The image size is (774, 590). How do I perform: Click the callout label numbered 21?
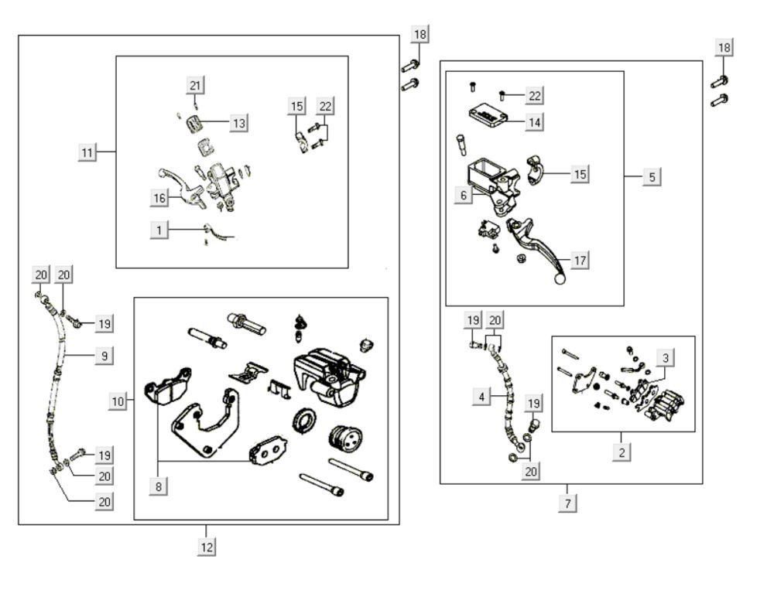point(194,85)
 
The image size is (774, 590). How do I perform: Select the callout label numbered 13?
point(239,122)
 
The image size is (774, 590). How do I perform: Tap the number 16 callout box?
point(159,198)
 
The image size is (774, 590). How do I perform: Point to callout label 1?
point(159,230)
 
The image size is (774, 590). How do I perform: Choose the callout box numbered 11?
point(87,152)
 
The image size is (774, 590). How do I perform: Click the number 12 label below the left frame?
point(206,546)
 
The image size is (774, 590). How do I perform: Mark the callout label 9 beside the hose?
point(104,356)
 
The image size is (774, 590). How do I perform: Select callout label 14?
point(533,121)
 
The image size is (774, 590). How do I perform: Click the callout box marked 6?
point(464,196)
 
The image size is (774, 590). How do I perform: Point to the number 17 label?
point(578,261)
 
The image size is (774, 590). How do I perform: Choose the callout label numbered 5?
point(652,177)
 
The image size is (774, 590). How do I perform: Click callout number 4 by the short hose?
point(482,397)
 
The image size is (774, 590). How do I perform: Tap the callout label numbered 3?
point(665,357)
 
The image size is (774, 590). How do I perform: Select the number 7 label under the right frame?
point(567,503)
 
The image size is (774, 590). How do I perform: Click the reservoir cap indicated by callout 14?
point(486,117)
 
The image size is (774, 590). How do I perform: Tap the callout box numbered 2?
point(622,452)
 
